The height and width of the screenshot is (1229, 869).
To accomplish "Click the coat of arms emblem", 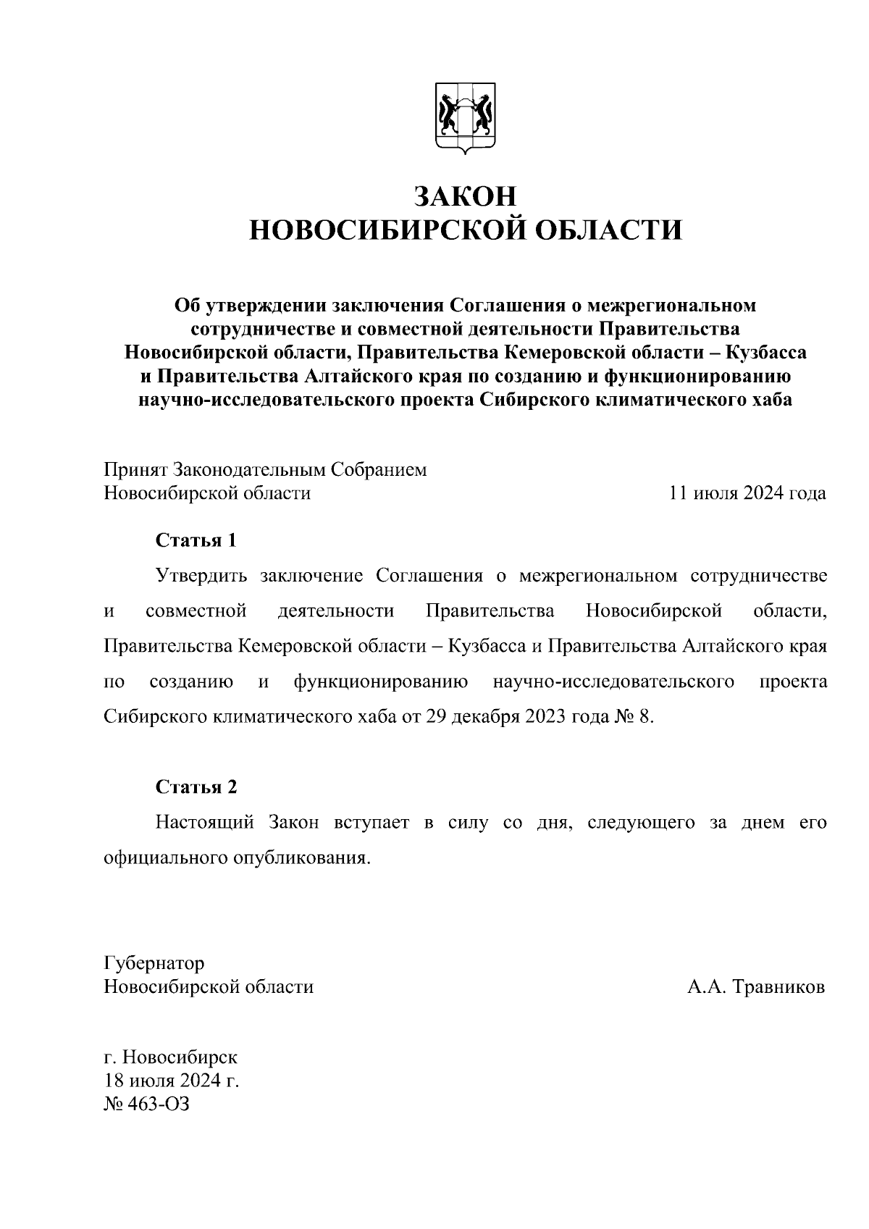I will tap(466, 119).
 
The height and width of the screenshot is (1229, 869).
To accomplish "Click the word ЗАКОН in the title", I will tap(466, 196).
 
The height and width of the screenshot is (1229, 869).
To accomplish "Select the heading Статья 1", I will tap(196, 540).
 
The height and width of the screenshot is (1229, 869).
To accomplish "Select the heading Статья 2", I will tap(196, 787).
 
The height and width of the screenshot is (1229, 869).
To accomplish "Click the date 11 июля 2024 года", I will tap(747, 494).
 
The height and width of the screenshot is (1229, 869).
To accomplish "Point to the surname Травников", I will tap(779, 987).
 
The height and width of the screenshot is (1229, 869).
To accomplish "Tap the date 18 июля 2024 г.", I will tap(172, 1081).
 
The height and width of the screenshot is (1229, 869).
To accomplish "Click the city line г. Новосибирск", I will tap(171, 1057).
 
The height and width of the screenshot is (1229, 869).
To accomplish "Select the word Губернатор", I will tap(154, 964).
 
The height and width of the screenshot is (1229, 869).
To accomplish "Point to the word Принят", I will tap(136, 470).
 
